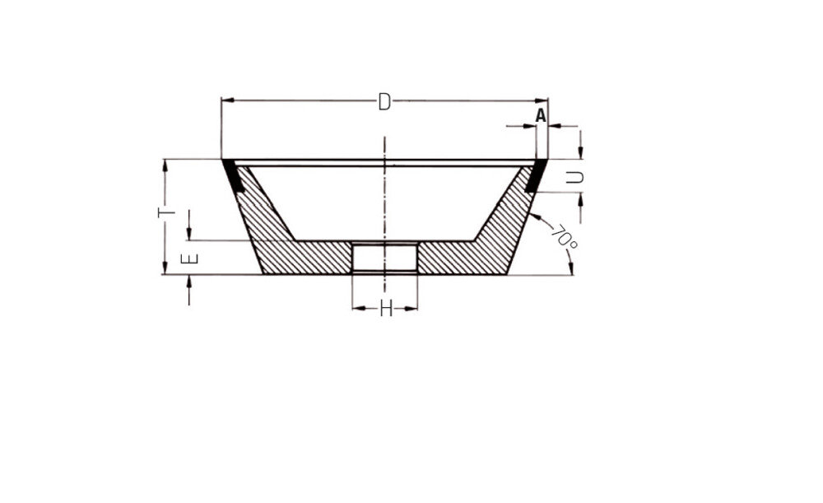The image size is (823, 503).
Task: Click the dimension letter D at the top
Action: coord(384,102)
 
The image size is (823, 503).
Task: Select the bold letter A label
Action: coord(541,115)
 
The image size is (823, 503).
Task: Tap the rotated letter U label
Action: coord(575,178)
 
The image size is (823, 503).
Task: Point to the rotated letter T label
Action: coord(166,212)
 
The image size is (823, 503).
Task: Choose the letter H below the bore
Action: coord(386,310)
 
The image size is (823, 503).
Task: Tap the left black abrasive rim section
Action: coord(232,176)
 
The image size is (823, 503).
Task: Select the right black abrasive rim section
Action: coord(537,176)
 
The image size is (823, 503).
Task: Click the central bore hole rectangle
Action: coord(384,258)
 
